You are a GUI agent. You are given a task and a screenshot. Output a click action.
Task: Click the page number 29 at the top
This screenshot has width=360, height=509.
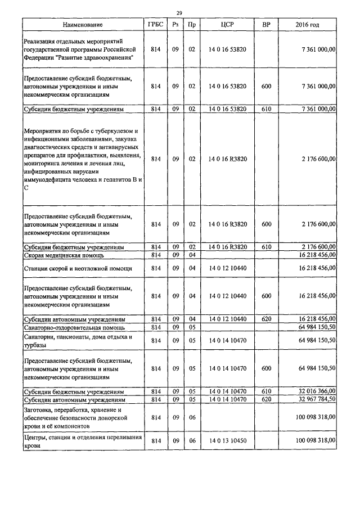point(179,12)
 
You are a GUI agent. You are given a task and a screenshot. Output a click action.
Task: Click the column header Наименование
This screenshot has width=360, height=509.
point(83,25)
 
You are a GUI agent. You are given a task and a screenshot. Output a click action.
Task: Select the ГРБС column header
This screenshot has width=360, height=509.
point(156,25)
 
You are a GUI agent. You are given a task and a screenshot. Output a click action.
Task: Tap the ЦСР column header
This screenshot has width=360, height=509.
point(227,25)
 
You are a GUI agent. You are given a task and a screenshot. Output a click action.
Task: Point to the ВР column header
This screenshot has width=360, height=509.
point(266,25)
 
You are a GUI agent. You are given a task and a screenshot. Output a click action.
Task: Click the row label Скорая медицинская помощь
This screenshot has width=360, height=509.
point(63,255)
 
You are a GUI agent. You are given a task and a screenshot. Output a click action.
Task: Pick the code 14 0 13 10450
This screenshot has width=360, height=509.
point(227,441)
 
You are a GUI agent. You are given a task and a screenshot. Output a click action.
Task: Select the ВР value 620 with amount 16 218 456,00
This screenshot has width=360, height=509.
point(266,319)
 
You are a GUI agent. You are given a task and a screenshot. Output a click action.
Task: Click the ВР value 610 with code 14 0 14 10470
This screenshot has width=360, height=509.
point(266,391)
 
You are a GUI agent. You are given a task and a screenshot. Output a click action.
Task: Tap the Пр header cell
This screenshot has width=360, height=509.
point(192,25)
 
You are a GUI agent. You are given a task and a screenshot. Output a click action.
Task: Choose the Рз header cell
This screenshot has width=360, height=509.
point(175,25)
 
